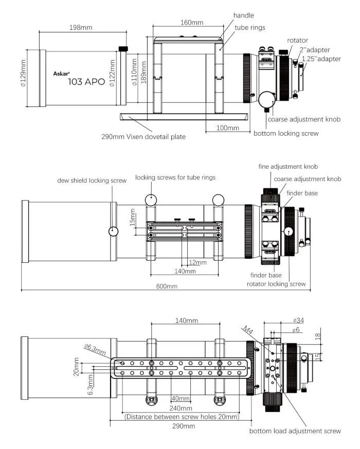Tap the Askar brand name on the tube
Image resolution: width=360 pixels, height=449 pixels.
[x=62, y=74]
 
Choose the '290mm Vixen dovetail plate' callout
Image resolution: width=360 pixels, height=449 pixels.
[x=143, y=137]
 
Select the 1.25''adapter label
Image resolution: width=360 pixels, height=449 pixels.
[x=321, y=59]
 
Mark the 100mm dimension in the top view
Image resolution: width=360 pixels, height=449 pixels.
[x=228, y=128]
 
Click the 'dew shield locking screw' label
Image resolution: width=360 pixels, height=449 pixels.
[x=92, y=181]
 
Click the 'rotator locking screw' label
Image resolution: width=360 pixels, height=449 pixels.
[x=276, y=283]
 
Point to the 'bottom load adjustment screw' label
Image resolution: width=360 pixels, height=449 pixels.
[x=295, y=431]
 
